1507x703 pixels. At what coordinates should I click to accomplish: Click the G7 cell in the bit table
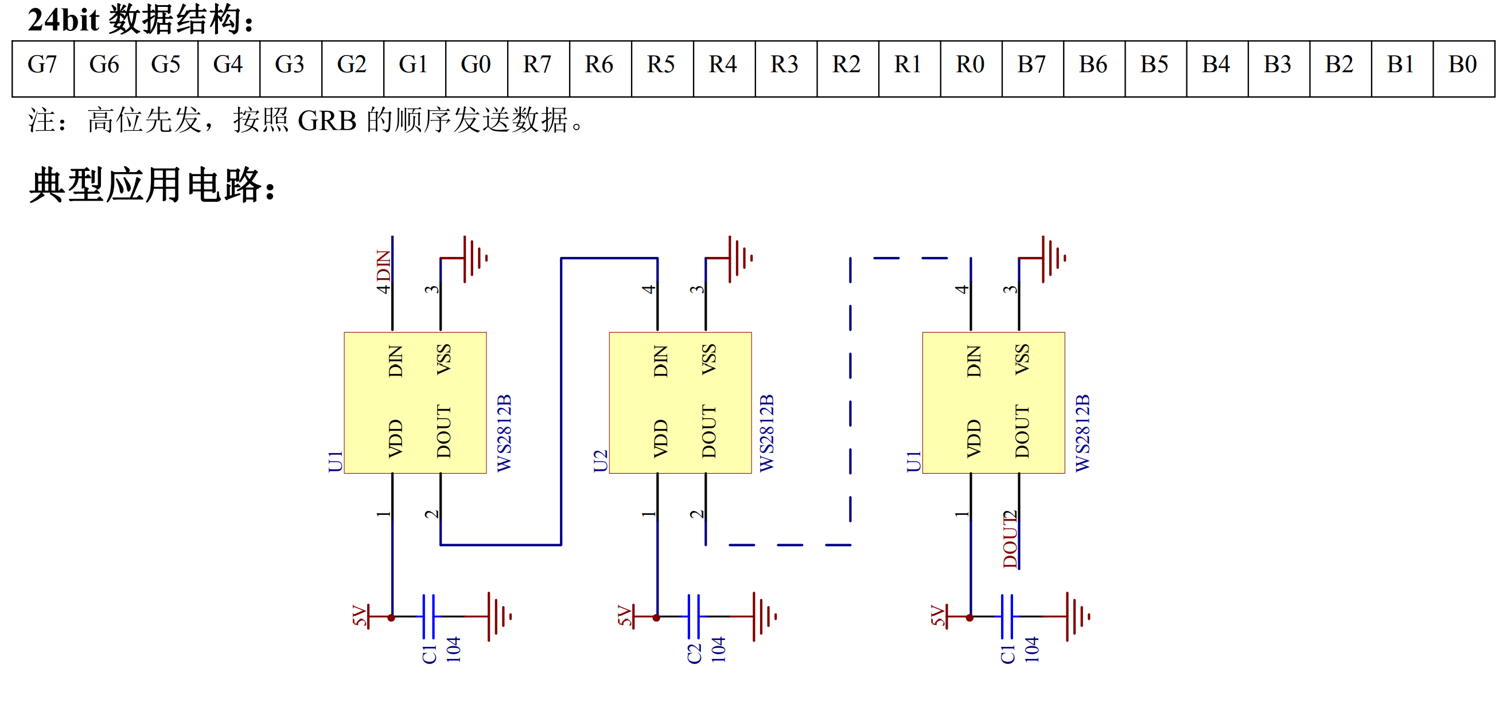(x=42, y=68)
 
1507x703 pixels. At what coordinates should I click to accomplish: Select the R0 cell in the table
(x=971, y=68)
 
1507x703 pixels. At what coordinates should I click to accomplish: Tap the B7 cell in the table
(x=1033, y=68)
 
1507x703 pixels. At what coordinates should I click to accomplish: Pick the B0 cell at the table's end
(x=1464, y=68)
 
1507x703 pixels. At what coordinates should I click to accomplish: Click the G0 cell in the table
(x=476, y=68)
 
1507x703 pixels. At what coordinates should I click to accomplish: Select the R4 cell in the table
(x=723, y=68)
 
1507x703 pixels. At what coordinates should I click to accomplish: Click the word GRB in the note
(x=327, y=120)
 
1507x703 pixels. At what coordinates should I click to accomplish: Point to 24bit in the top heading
(x=63, y=20)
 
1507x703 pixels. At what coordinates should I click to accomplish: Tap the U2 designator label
(x=600, y=461)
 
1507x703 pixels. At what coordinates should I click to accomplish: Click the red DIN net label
(x=383, y=266)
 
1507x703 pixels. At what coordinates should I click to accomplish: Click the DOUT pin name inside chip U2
(x=708, y=431)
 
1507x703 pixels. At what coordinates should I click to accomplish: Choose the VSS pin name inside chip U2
(x=708, y=359)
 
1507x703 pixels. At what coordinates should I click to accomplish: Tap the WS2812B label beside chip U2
(x=766, y=433)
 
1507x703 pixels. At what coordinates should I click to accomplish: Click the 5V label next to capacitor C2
(x=624, y=616)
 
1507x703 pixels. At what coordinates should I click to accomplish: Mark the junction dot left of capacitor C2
(x=656, y=618)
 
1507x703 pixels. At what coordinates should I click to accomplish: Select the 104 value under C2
(x=718, y=650)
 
